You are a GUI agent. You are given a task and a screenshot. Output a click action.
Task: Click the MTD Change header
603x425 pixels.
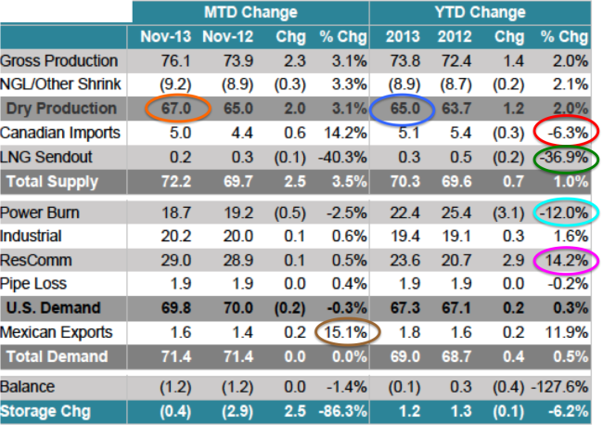click(250, 12)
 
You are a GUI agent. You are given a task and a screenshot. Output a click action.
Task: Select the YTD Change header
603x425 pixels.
click(481, 12)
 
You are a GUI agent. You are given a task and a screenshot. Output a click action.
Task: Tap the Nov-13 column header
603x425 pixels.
click(166, 36)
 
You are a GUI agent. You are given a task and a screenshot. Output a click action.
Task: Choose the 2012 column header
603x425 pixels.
click(455, 36)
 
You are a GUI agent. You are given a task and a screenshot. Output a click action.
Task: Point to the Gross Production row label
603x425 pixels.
click(58, 60)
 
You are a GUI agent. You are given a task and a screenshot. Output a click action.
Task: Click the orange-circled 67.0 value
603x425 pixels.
click(176, 109)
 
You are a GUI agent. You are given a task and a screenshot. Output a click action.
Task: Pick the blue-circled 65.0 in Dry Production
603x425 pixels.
click(405, 109)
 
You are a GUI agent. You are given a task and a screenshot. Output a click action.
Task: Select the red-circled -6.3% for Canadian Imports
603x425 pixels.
click(568, 133)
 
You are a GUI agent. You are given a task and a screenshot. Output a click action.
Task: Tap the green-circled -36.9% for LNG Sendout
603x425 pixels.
click(564, 158)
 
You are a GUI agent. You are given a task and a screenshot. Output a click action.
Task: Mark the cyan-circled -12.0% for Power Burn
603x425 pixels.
click(564, 212)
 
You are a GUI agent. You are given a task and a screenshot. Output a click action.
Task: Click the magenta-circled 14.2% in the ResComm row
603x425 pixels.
click(567, 261)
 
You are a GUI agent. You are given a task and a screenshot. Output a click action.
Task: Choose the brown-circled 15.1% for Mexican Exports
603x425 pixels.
click(345, 332)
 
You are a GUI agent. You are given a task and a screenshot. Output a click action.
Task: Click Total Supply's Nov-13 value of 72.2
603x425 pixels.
click(176, 182)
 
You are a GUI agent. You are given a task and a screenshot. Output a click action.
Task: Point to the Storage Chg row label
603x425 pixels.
click(45, 411)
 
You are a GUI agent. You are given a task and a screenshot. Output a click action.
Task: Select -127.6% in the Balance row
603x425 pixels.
click(559, 387)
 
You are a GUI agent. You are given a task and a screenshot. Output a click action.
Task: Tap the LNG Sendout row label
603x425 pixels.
click(46, 158)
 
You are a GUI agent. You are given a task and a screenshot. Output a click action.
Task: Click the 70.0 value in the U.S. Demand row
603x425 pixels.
click(238, 308)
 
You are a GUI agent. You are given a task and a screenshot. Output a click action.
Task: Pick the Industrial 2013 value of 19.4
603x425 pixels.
click(405, 236)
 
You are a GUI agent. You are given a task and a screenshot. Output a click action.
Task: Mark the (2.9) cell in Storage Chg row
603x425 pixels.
click(237, 411)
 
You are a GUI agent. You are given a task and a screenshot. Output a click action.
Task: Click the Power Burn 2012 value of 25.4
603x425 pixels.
click(456, 212)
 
